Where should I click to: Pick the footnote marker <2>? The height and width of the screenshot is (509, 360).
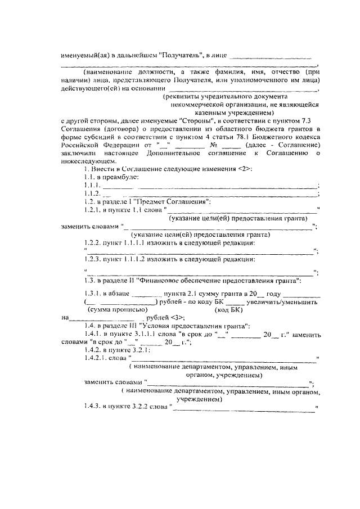click(245, 169)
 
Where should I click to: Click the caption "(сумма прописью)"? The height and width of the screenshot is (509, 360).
click(118, 309)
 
